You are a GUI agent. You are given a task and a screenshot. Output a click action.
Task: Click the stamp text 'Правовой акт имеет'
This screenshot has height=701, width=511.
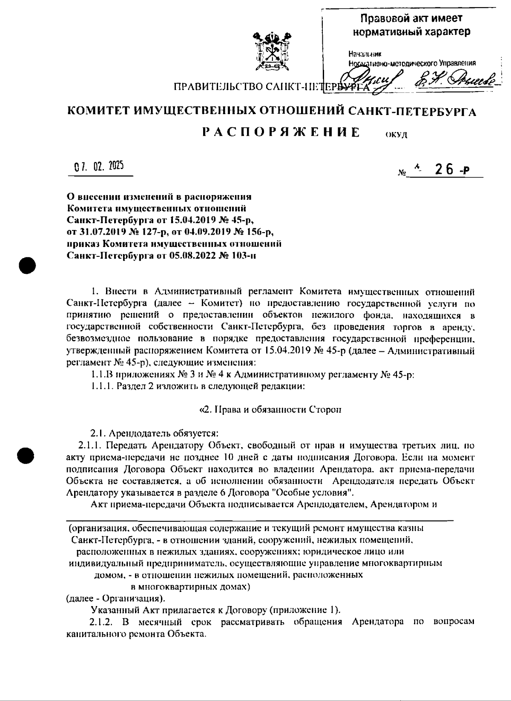[411, 19]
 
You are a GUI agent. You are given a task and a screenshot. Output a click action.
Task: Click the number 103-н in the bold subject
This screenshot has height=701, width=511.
[243, 256]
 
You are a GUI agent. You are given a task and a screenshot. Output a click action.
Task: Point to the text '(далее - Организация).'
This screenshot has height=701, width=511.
[116, 598]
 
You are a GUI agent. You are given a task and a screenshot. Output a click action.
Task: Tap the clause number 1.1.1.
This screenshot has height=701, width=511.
[100, 387]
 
